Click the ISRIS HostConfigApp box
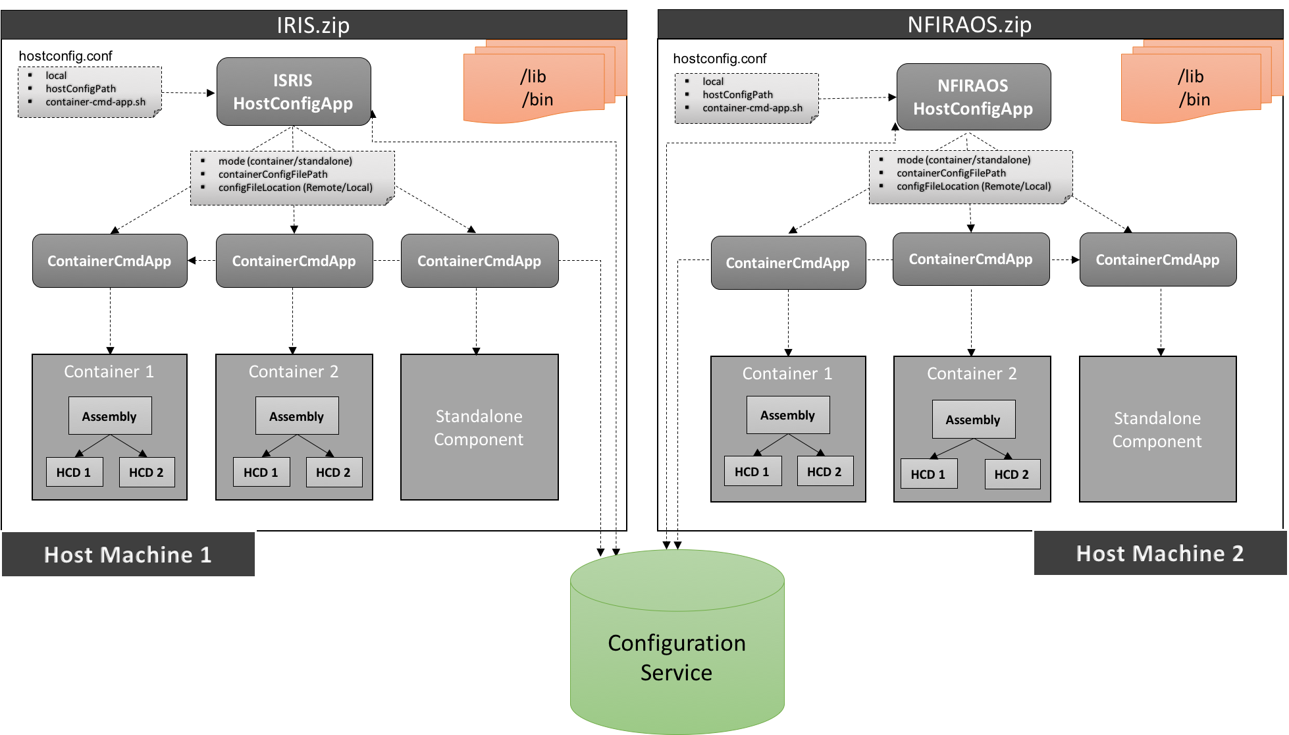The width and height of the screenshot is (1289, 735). pos(294,92)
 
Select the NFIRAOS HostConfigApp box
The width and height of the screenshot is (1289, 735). pos(973,97)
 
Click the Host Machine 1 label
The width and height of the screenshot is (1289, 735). pos(128,555)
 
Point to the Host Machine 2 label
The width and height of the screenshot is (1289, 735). pos(1159,553)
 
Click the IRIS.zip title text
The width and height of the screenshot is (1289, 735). pos(313,25)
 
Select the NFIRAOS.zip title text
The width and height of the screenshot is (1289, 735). pos(969,25)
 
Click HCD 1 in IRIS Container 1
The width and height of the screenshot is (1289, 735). pos(74,472)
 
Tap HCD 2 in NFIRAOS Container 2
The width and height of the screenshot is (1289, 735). pos(1012,474)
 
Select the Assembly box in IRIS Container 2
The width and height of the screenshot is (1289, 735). pos(296,416)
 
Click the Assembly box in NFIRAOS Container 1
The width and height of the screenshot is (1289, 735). pos(787,415)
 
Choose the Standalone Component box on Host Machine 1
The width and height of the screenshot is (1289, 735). pos(479,427)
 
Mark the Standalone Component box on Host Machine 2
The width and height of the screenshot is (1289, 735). pos(1157,429)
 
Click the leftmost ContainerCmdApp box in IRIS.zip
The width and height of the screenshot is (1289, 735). pos(109,261)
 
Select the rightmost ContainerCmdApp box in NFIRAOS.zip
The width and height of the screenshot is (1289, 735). pos(1157,259)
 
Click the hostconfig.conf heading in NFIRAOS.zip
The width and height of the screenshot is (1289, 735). pos(720,59)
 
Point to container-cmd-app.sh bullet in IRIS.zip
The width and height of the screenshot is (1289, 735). pos(95,102)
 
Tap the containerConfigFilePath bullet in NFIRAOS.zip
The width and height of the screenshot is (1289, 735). pos(951,173)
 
